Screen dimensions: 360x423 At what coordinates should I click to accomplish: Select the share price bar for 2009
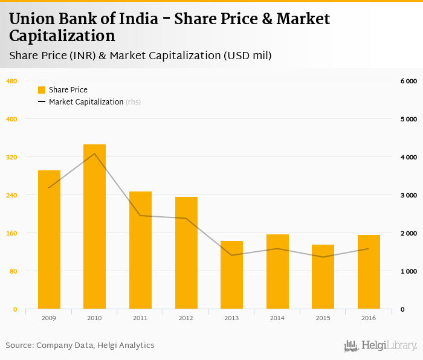coord(49,240)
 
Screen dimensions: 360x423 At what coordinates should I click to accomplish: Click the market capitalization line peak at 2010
coord(94,153)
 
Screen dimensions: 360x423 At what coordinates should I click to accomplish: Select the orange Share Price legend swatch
coord(42,90)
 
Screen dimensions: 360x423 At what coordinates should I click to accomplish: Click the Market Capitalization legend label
coord(86,102)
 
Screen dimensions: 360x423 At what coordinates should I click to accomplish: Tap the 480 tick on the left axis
coord(11,81)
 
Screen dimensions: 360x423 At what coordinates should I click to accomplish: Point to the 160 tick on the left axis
coord(11,233)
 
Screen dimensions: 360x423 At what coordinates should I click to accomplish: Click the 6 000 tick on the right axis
coord(408,81)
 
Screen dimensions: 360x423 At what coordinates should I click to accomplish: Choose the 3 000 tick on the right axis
coord(408,195)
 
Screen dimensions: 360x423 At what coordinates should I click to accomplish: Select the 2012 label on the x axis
coord(186,318)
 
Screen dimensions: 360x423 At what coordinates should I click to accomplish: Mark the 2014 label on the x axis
coord(277,318)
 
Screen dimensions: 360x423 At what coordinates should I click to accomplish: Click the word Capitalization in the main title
coord(58,36)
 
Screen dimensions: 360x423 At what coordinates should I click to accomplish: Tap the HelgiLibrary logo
coord(380,346)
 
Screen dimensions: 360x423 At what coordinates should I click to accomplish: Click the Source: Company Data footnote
coord(80,346)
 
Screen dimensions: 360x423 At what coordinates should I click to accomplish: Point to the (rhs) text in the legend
coord(133,102)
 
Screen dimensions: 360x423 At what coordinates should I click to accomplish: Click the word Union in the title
coord(30,19)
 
